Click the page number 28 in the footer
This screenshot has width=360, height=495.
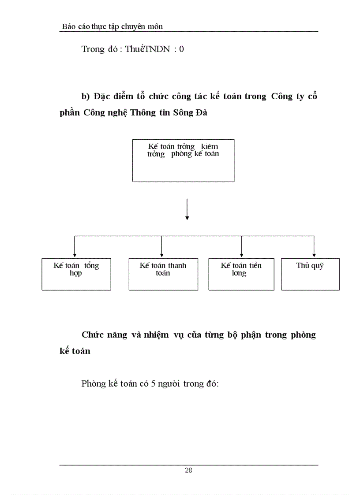click(188, 470)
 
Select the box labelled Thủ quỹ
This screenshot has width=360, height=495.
click(310, 274)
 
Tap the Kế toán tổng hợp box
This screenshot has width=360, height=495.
click(76, 274)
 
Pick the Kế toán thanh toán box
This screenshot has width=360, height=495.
click(163, 274)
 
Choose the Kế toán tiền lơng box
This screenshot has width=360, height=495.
click(241, 274)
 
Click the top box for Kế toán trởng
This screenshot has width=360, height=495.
click(183, 160)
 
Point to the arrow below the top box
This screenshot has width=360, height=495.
click(187, 209)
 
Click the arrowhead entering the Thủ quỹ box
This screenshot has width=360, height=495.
click(314, 255)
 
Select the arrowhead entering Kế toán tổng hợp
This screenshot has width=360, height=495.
click(75, 255)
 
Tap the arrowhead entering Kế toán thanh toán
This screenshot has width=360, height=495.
click(162, 255)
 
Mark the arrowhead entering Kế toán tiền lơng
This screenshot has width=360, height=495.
click(241, 255)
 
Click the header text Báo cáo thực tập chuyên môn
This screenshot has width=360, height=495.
click(112, 27)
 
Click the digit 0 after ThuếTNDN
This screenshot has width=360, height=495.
click(182, 49)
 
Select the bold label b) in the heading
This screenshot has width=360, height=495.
click(86, 97)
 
